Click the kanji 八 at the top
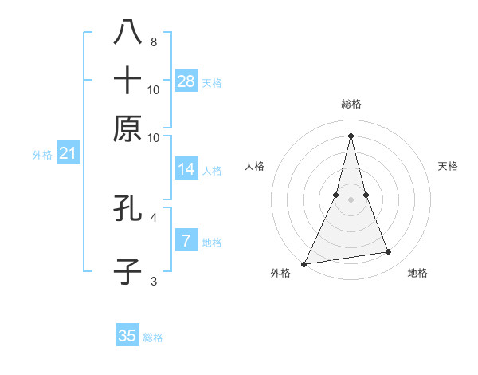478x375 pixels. click(x=127, y=33)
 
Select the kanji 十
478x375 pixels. click(x=127, y=80)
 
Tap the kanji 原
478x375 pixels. click(x=127, y=128)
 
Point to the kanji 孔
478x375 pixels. click(x=127, y=208)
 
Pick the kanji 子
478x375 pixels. click(x=127, y=272)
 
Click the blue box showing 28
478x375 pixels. click(x=186, y=81)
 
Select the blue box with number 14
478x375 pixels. click(x=186, y=169)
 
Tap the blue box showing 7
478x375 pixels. click(x=186, y=241)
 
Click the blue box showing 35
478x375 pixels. click(x=127, y=336)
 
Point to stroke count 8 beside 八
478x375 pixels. click(x=153, y=41)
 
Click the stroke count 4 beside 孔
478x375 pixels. click(x=153, y=217)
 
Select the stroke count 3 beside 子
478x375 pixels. click(x=153, y=281)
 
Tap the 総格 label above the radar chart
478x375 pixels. click(x=351, y=104)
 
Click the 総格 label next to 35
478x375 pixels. click(x=153, y=337)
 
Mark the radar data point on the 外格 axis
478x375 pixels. click(x=304, y=263)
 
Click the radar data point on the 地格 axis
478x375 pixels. click(x=389, y=252)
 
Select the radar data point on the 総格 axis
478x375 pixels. click(x=351, y=136)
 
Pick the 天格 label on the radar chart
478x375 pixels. click(x=448, y=166)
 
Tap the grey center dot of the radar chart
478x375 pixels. click(x=351, y=199)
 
